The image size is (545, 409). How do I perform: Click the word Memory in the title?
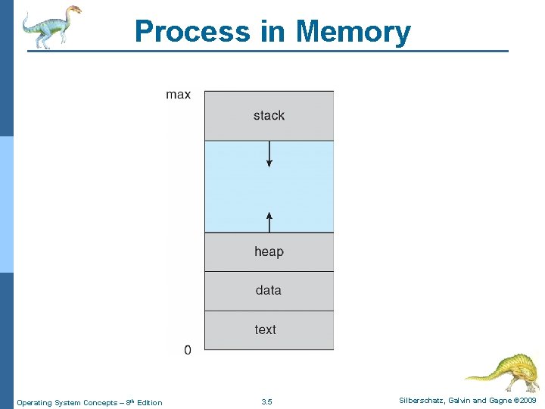pyautogui.click(x=353, y=32)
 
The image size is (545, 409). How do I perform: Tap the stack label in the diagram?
pyautogui.click(x=269, y=115)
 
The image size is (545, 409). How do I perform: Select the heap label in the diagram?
pyautogui.click(x=269, y=251)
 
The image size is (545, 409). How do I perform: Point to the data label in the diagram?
pyautogui.click(x=268, y=290)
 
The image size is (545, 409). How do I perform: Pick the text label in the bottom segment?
pyautogui.click(x=266, y=329)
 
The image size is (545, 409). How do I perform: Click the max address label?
pyautogui.click(x=179, y=95)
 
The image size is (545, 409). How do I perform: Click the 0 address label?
pyautogui.click(x=187, y=350)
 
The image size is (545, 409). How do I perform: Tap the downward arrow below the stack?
pyautogui.click(x=269, y=155)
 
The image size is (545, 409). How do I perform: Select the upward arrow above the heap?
pyautogui.click(x=269, y=220)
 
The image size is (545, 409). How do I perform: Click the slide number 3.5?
pyautogui.click(x=266, y=401)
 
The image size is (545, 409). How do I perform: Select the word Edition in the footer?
pyautogui.click(x=149, y=402)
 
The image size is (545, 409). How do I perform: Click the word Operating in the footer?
pyautogui.click(x=34, y=402)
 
